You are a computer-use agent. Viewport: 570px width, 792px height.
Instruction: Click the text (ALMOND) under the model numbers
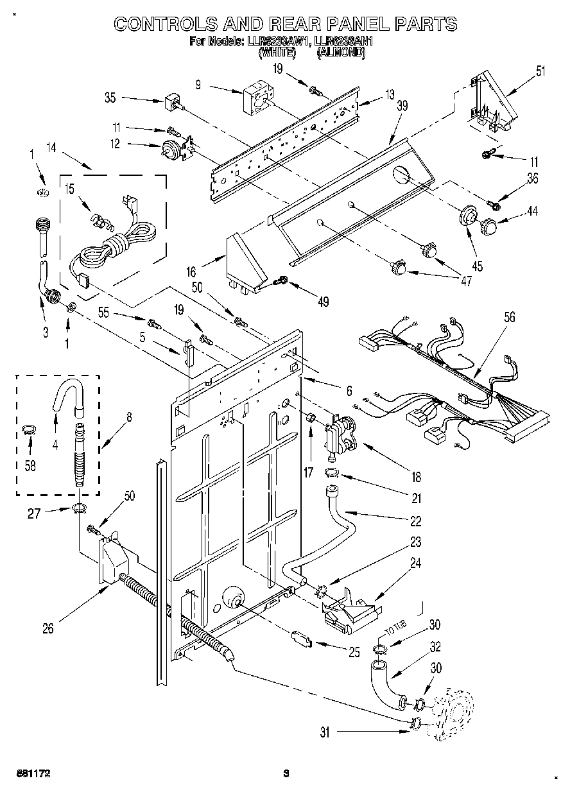340,55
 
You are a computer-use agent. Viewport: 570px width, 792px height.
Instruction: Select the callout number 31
325,732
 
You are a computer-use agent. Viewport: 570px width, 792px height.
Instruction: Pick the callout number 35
110,98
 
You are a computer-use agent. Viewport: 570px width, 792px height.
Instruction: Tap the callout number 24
416,563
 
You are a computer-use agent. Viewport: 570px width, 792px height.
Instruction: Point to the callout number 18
416,477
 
